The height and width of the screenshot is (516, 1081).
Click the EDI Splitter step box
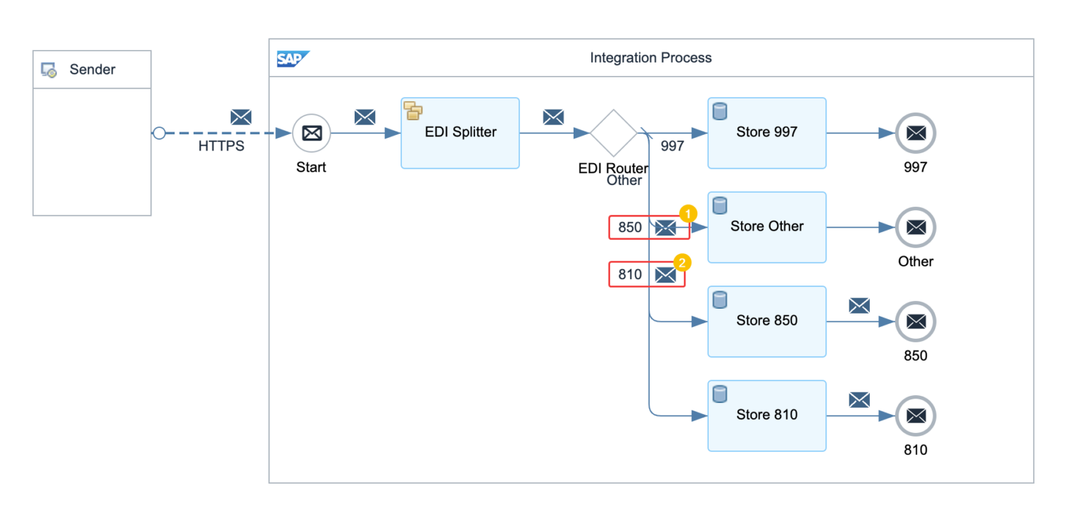[x=460, y=133]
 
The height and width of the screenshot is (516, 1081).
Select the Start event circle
[x=311, y=133]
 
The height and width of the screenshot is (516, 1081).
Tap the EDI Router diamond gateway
[x=613, y=133]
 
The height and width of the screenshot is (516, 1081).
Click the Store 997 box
[x=766, y=133]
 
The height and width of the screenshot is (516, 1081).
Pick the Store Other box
[x=766, y=227]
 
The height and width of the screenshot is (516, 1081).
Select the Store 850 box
[x=766, y=321]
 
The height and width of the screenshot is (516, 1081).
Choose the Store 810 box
[x=766, y=415]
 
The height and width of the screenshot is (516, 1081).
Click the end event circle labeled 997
[x=915, y=133]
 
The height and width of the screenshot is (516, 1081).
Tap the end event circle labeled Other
[x=915, y=227]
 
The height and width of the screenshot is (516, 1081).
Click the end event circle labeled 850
[x=915, y=321]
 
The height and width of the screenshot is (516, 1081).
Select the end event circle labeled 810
[x=915, y=415]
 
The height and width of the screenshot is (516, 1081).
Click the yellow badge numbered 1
[x=688, y=213]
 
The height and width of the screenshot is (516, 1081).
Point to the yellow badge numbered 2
[x=682, y=262]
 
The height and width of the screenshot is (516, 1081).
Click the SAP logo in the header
[x=292, y=58]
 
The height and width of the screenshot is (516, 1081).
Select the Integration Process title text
[x=650, y=58]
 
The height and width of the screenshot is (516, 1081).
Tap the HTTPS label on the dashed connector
[x=221, y=147]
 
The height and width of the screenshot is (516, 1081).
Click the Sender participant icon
[x=49, y=70]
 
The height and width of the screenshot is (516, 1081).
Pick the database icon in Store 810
[x=719, y=394]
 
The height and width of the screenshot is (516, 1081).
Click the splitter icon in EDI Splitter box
[x=412, y=110]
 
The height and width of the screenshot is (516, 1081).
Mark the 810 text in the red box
[x=630, y=275]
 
